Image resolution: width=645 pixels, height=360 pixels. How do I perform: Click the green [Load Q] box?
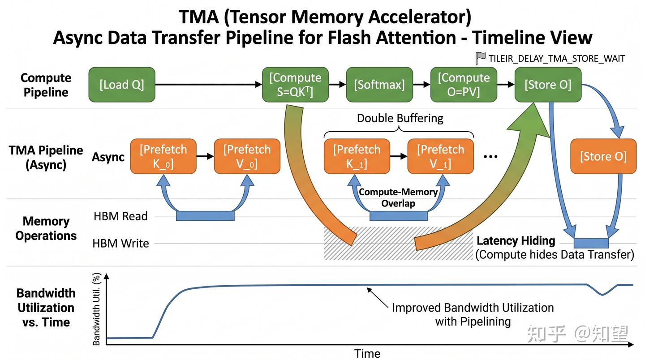pos(122,85)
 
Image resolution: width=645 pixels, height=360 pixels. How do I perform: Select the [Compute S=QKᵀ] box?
pos(295,85)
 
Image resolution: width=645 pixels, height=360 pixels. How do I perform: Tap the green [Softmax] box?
pos(379,85)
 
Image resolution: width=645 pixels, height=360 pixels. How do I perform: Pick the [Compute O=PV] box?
pos(464,85)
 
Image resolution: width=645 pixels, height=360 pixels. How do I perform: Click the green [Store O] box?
pos(548,85)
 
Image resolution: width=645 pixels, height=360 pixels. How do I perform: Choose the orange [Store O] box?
pos(603,156)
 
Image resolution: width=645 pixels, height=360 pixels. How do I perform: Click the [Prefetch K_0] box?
pos(163,156)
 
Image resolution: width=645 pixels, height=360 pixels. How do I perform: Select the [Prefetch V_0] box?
pos(247,156)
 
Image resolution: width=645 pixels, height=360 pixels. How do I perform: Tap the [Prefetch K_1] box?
pos(357,156)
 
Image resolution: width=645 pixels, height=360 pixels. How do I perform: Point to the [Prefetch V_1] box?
pos(441,156)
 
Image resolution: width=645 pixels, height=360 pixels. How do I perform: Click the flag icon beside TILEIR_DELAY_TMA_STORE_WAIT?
pos(480,58)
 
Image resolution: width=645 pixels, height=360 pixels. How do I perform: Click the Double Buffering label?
pos(400,118)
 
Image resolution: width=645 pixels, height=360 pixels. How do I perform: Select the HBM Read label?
pos(120,216)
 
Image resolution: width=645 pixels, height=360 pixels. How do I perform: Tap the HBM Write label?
pos(120,244)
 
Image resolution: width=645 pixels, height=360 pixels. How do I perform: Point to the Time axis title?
pos(367,353)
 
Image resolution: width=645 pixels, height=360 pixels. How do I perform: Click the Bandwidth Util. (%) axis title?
pos(96,309)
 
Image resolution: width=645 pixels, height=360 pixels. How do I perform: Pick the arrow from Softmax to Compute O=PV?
pos(421,85)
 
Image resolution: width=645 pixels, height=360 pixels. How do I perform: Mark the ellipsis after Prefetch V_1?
pos(490,157)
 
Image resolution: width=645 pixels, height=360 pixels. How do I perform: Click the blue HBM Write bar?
pos(591,243)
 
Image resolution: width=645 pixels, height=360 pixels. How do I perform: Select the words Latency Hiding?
pos(516,240)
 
